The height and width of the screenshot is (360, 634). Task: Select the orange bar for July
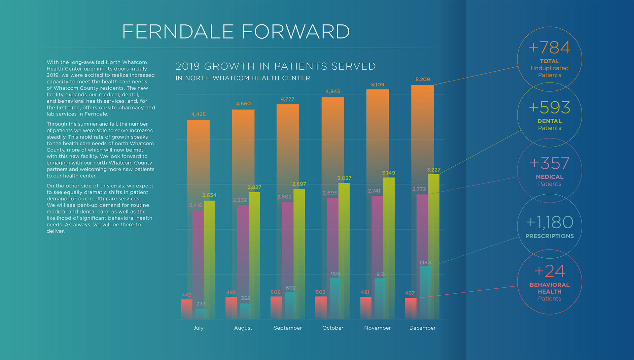[x=198, y=158]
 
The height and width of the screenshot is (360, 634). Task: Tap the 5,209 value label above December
[x=422, y=80]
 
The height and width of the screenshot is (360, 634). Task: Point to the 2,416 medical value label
[x=195, y=205]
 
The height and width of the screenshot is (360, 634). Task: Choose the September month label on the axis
[x=288, y=328]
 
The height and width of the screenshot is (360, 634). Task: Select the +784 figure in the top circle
[x=549, y=48]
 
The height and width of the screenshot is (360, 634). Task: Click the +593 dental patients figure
[x=549, y=108]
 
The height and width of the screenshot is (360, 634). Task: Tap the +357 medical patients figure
[x=549, y=163]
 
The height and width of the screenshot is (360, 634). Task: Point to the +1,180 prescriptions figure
[x=549, y=222]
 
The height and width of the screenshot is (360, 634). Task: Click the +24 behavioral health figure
[x=549, y=271]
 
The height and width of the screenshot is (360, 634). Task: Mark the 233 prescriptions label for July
[x=201, y=304]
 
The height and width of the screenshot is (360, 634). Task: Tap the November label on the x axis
[x=377, y=328]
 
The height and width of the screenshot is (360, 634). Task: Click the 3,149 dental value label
[x=388, y=173]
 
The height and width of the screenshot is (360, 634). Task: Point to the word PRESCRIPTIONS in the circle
[x=549, y=236]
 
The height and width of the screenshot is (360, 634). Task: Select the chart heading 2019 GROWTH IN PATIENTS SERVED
[x=275, y=66]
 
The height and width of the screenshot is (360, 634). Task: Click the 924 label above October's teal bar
[x=335, y=274]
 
